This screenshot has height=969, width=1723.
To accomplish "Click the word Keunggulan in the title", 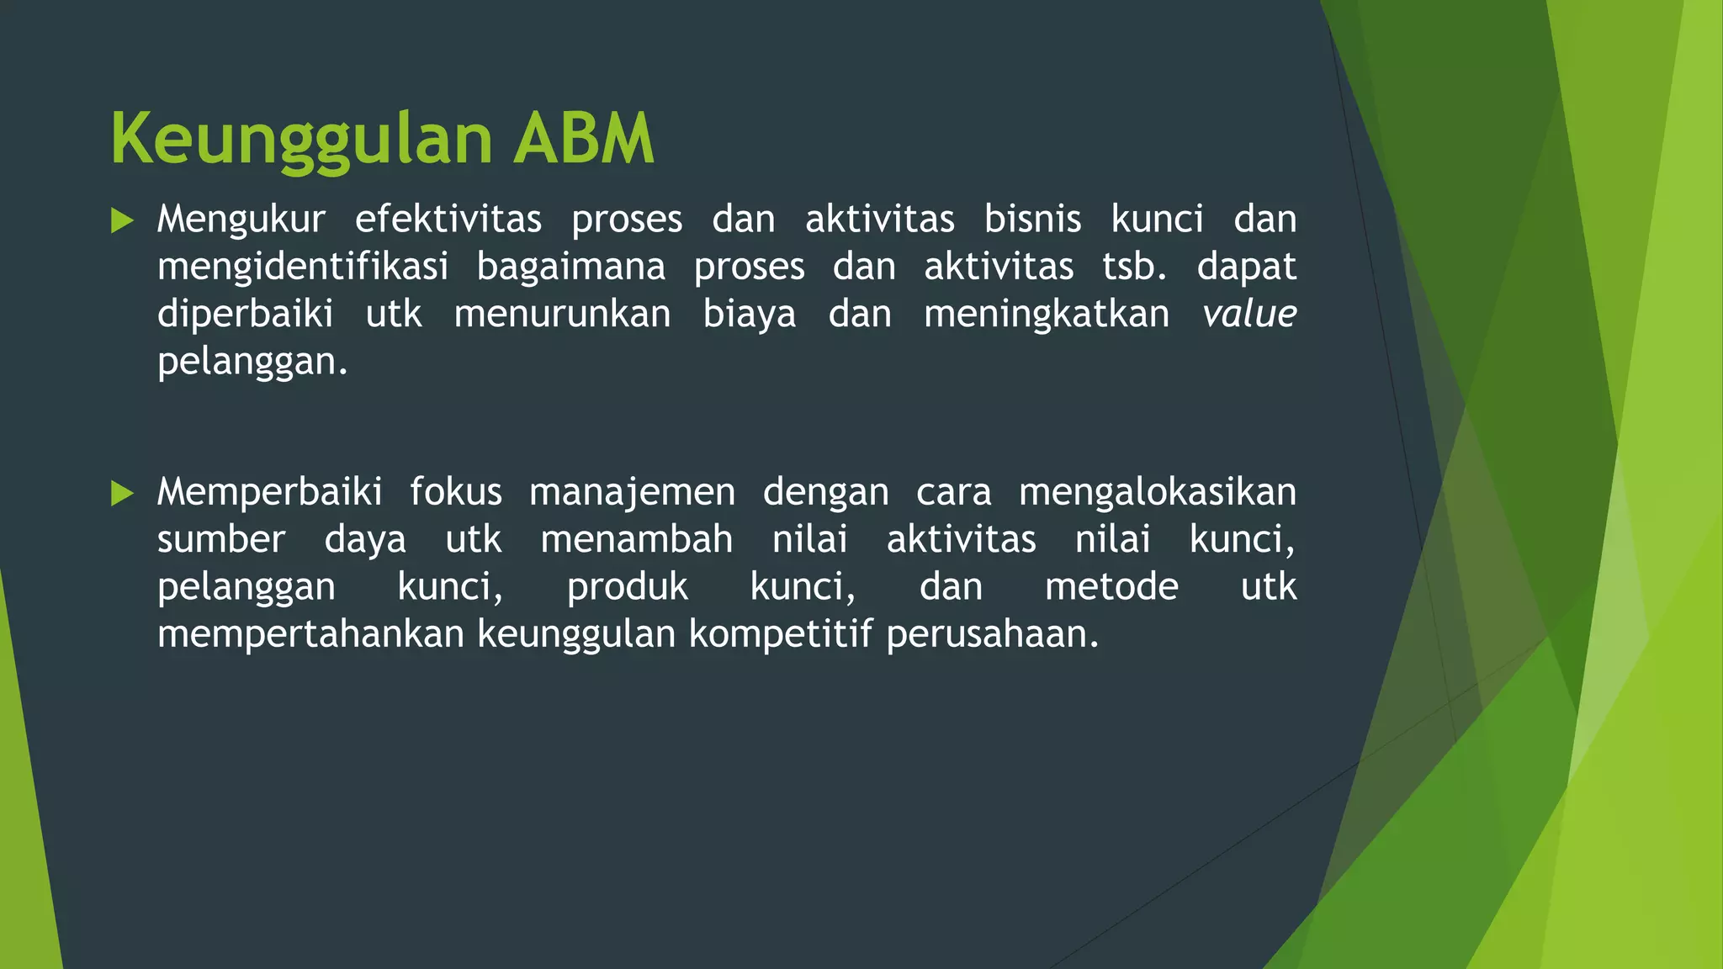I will (x=300, y=140).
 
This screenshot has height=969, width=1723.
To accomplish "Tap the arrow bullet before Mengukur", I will (x=122, y=221).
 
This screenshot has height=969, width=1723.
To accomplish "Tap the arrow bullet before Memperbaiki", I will (x=122, y=494).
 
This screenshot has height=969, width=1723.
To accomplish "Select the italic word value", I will (x=1249, y=315).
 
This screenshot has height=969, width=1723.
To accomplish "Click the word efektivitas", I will (x=448, y=220).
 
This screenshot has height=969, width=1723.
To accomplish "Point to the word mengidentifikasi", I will (x=302, y=267).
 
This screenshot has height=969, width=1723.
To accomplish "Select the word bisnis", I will (x=1032, y=220).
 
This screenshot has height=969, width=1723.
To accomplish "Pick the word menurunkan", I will (x=562, y=315).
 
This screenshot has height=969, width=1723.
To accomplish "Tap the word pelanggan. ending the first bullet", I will (x=252, y=363).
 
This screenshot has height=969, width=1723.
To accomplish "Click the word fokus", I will (x=455, y=492).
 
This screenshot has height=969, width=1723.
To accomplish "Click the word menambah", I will (x=636, y=539).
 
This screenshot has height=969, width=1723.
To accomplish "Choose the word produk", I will (x=627, y=587).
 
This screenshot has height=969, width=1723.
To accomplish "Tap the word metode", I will (x=1111, y=586).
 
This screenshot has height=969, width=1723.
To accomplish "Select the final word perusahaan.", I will (x=992, y=634).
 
